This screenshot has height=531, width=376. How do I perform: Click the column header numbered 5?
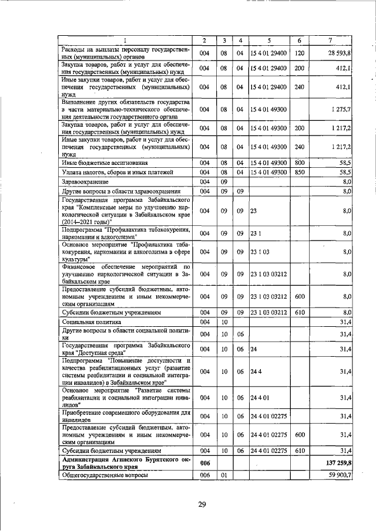coord(268,40)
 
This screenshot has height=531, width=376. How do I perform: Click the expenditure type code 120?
coord(299,53)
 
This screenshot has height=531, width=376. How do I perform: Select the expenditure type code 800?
coord(299,162)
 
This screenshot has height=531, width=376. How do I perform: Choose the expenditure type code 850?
coord(299,172)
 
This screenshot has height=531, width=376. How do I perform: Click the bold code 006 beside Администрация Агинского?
coord(205,463)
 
